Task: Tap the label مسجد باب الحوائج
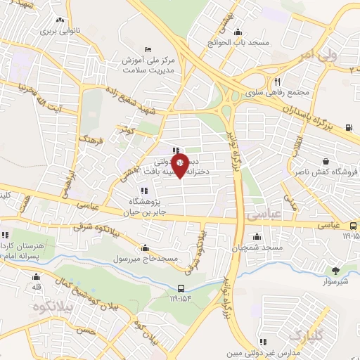click(x=244, y=43)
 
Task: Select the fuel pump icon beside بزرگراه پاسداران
click(x=349, y=128)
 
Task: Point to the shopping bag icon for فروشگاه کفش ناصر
click(x=326, y=162)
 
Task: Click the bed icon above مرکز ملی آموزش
click(x=146, y=49)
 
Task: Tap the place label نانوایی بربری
click(x=56, y=32)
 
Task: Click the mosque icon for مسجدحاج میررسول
click(x=145, y=248)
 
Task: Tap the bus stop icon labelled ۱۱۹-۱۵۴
click(x=181, y=288)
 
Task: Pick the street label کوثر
click(x=127, y=131)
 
